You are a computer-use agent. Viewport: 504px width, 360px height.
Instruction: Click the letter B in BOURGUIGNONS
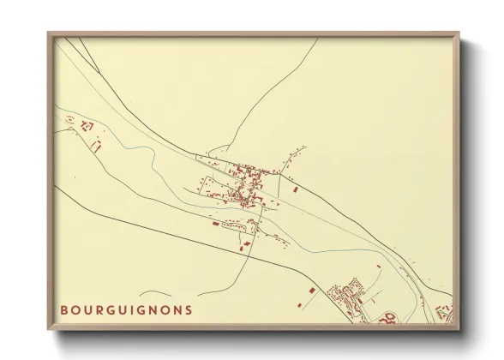pyautogui.click(x=63, y=309)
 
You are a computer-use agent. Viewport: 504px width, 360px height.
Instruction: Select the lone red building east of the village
pyautogui.click(x=295, y=187)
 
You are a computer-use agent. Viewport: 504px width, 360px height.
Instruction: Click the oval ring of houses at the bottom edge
pyautogui.click(x=386, y=318)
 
